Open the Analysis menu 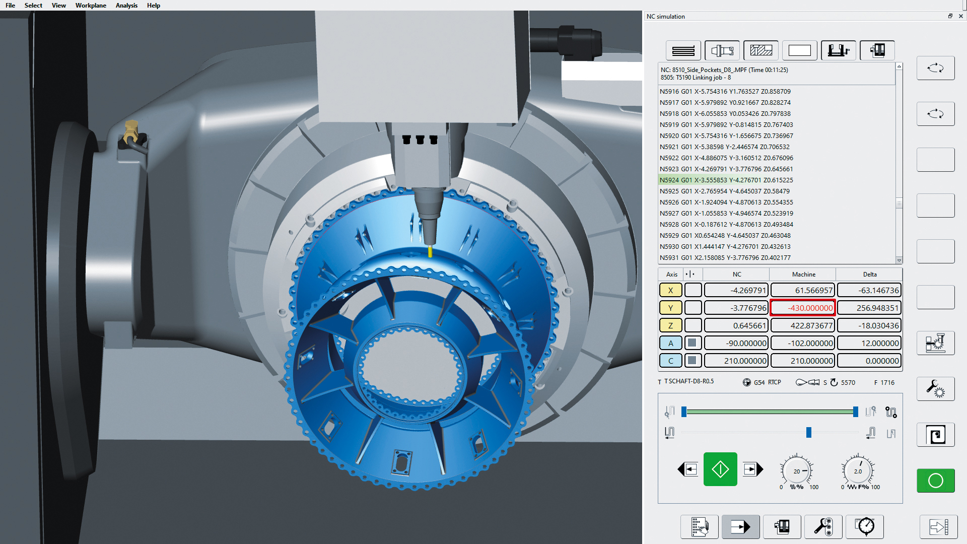tap(126, 6)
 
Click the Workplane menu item tap(91, 6)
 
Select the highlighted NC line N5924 tap(726, 180)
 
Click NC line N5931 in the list tap(725, 257)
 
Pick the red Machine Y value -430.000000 tap(803, 308)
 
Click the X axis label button tap(670, 290)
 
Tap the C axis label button tap(670, 361)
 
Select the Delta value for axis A tap(869, 343)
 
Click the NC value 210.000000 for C tap(736, 361)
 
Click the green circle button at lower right tap(935, 481)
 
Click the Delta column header tap(869, 275)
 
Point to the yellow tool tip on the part tap(430, 251)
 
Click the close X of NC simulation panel tap(960, 16)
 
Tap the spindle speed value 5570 tap(848, 383)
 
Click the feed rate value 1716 tap(887, 383)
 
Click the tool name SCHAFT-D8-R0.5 tap(688, 381)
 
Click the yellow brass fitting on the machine tap(131, 132)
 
